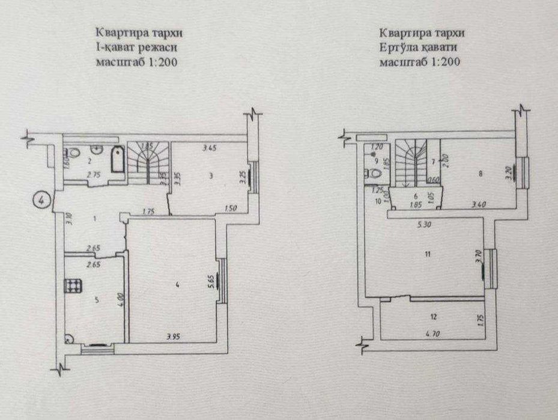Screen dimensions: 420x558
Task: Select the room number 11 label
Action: [x=427, y=254]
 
